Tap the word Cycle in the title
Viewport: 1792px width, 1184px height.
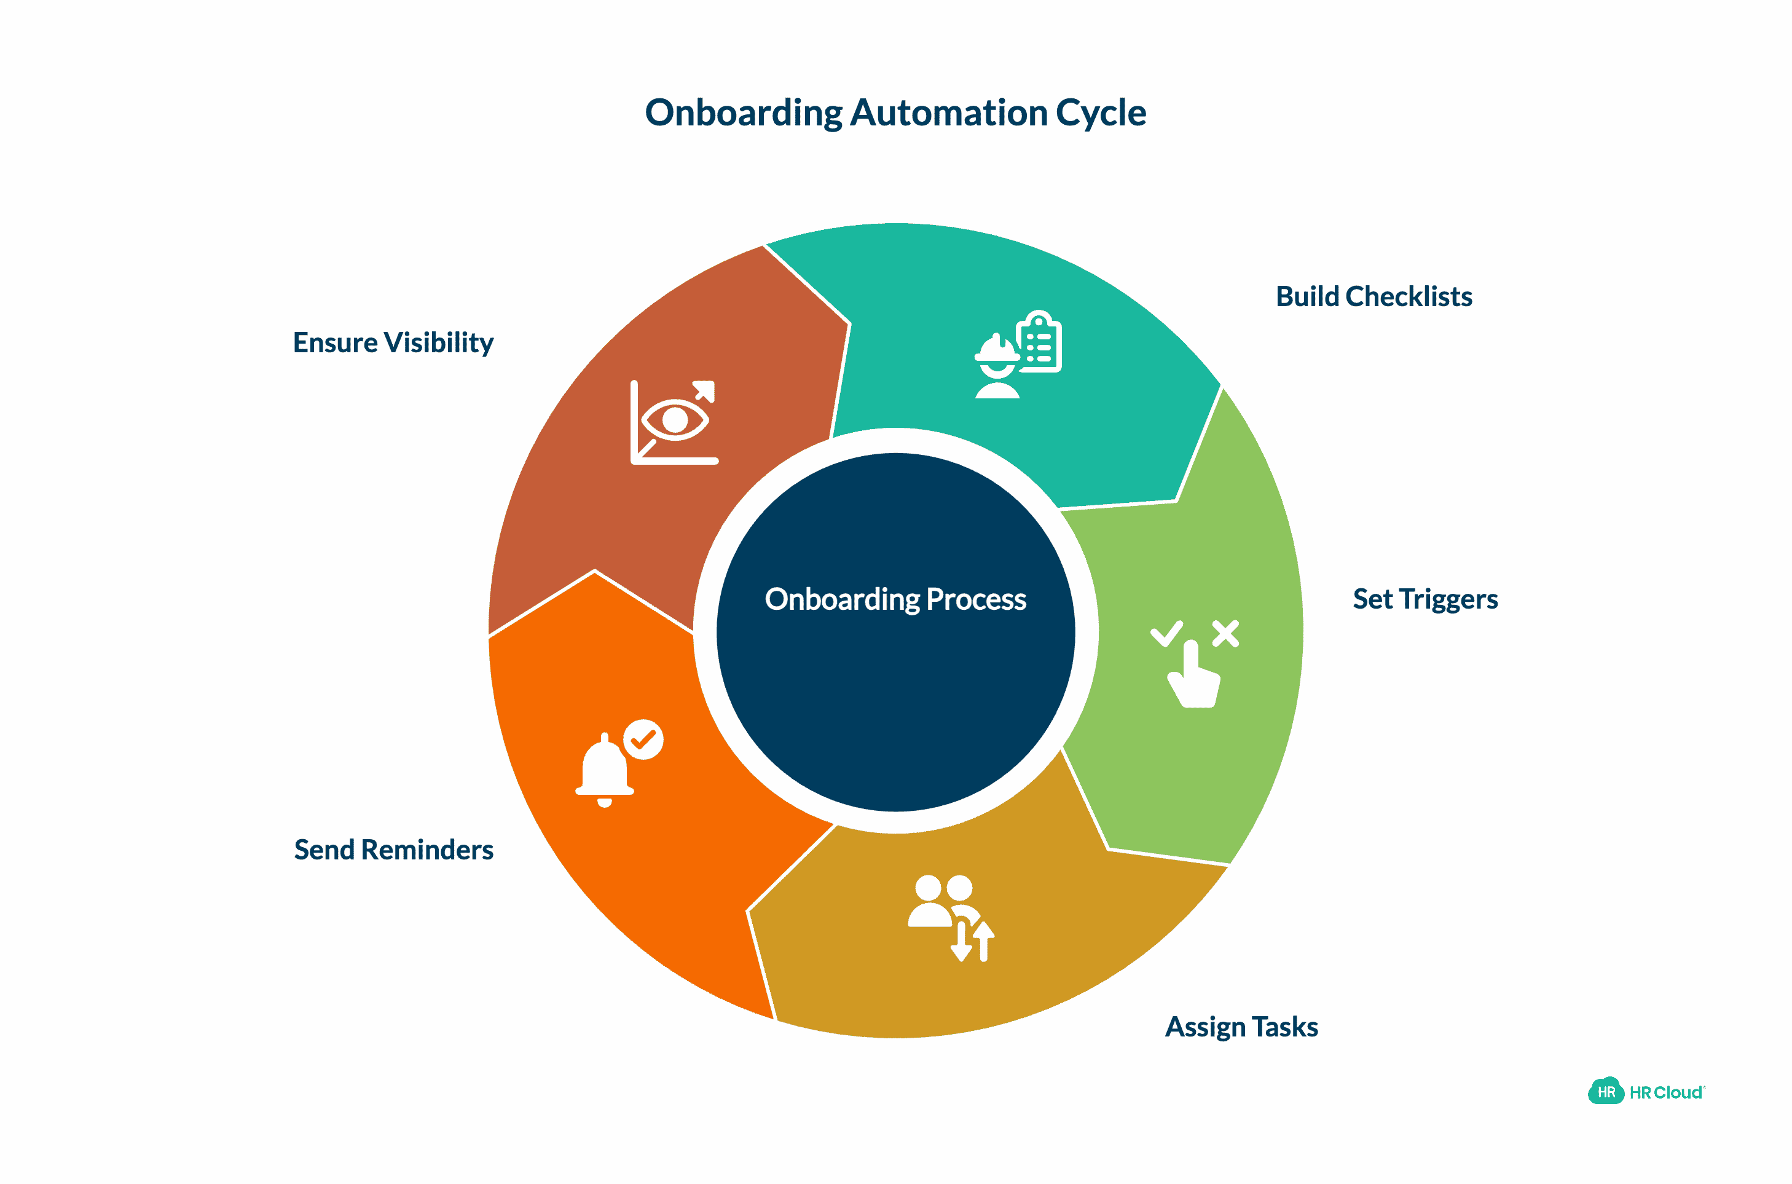point(1101,113)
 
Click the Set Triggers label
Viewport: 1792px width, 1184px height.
point(1425,599)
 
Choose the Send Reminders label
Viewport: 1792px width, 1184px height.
point(393,850)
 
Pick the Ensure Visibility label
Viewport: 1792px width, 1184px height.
point(393,343)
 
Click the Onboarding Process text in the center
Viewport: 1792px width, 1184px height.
point(895,599)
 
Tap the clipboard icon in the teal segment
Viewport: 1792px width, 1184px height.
point(1039,344)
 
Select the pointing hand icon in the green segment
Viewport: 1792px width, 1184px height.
point(1195,676)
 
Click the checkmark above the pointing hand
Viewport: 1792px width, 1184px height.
point(1166,633)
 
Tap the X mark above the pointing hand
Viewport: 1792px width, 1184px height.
point(1225,634)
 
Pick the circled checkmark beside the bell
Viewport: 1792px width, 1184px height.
point(643,740)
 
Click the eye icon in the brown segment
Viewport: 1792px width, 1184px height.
point(674,420)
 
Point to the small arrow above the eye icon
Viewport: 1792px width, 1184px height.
point(704,391)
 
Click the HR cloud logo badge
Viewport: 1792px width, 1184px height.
point(1606,1092)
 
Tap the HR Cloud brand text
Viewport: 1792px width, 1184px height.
point(1665,1092)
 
